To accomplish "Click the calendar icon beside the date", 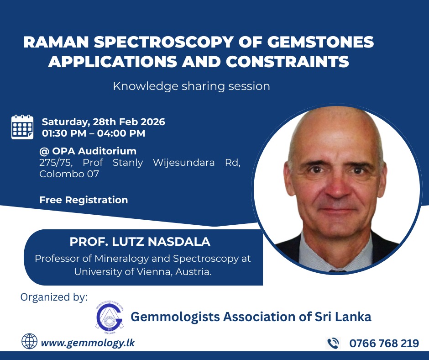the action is [22, 127].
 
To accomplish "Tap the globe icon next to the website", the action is [29, 341].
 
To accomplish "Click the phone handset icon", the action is [333, 343].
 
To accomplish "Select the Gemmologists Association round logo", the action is [110, 317].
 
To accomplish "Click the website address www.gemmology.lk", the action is [88, 343].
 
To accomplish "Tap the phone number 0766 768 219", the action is [384, 343].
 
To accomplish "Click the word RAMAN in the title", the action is [56, 42].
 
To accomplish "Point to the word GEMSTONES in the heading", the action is [320, 42].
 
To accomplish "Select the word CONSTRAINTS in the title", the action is [287, 61].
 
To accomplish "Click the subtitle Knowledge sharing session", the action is [192, 86].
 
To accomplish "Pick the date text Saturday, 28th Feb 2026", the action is [104, 122].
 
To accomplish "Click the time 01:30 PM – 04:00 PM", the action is [94, 133].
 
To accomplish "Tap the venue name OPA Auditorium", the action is [94, 151].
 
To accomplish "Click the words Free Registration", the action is [84, 200].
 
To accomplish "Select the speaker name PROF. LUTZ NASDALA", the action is [140, 242].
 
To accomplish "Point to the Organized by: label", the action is [54, 297].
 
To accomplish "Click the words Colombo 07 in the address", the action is [69, 174].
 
